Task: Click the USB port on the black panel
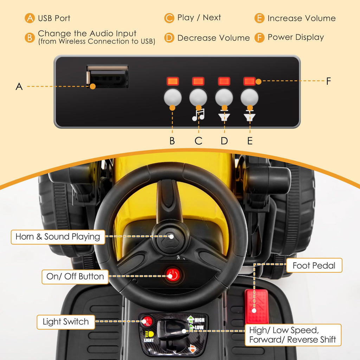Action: point(107,77)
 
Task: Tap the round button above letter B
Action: point(173,97)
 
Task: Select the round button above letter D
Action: point(224,97)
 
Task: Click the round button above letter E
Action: point(250,97)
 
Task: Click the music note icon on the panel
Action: point(198,115)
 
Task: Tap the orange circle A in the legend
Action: point(30,18)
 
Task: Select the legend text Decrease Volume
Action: point(213,38)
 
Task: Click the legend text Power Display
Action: point(296,37)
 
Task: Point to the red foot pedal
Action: point(257,306)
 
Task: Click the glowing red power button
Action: point(173,275)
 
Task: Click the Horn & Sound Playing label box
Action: point(58,237)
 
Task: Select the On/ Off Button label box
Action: point(75,277)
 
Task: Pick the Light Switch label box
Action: point(66,322)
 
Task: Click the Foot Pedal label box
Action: point(314,265)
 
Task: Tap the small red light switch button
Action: point(147,321)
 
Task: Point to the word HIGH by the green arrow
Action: point(200,320)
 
